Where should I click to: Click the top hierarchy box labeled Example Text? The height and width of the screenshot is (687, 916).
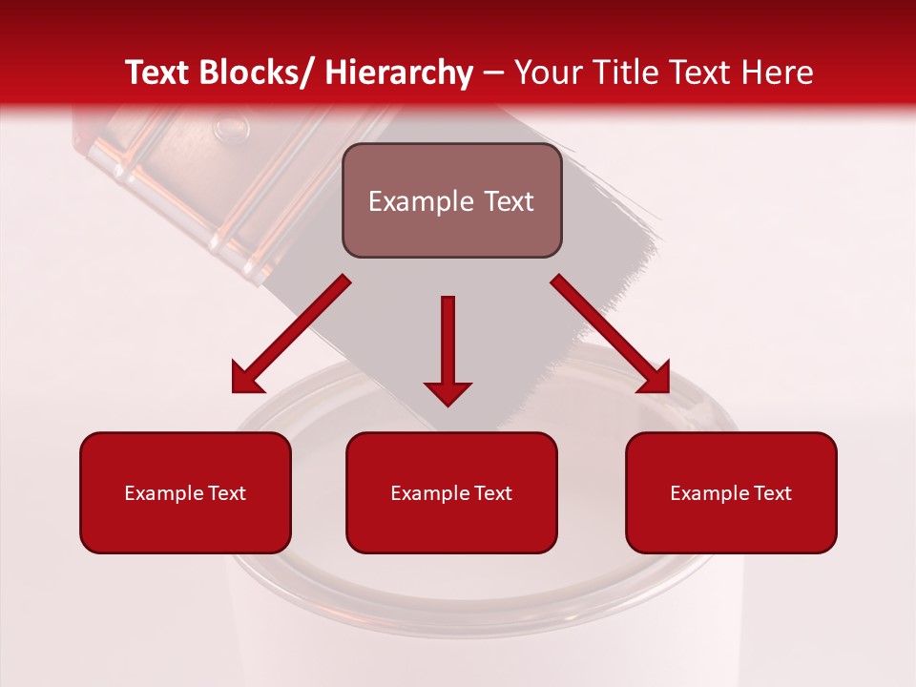(x=451, y=200)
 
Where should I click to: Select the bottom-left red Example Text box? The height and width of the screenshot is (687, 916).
(x=185, y=492)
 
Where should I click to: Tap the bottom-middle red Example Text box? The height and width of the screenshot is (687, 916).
(x=451, y=492)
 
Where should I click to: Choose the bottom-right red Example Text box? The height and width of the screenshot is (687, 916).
(x=731, y=492)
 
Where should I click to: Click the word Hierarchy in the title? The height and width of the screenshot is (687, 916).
(x=399, y=73)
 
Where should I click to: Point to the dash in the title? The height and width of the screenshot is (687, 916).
(x=493, y=73)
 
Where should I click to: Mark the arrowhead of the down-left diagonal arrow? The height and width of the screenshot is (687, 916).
(x=245, y=379)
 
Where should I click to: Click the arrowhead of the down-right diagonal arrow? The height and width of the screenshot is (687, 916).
(x=656, y=379)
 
